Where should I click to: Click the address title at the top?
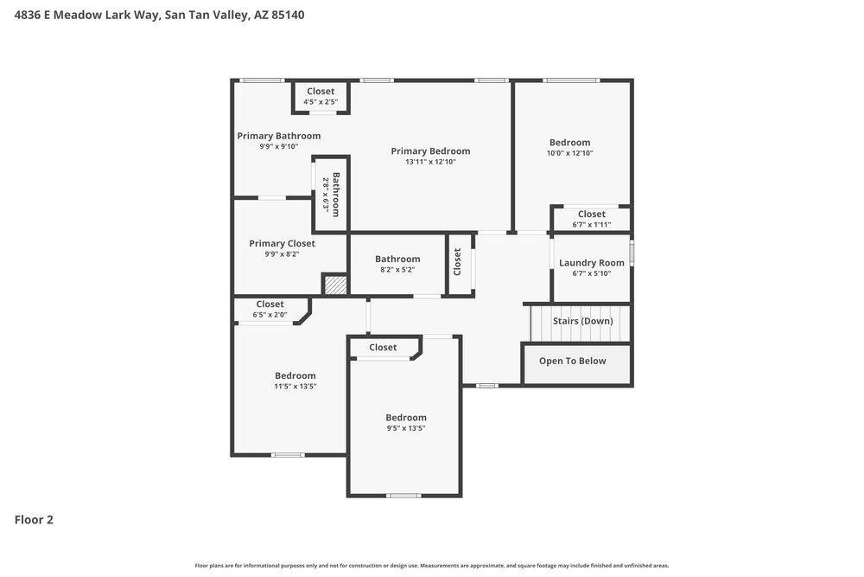pyautogui.click(x=159, y=15)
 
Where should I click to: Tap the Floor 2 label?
pyautogui.click(x=34, y=520)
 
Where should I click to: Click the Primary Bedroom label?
pyautogui.click(x=430, y=151)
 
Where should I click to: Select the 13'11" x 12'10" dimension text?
pyautogui.click(x=430, y=162)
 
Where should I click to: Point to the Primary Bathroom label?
pyautogui.click(x=279, y=136)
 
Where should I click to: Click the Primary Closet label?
pyautogui.click(x=282, y=243)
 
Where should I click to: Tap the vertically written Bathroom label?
pyautogui.click(x=336, y=195)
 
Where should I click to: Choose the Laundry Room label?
pyautogui.click(x=591, y=263)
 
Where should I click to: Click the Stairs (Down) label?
pyautogui.click(x=582, y=321)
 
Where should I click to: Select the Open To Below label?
pyautogui.click(x=572, y=361)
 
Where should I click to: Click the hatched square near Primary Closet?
pyautogui.click(x=335, y=285)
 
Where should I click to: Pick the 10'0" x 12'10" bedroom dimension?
pyautogui.click(x=569, y=153)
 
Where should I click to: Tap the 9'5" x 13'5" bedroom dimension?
pyautogui.click(x=405, y=428)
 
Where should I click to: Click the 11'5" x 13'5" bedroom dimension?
pyautogui.click(x=295, y=387)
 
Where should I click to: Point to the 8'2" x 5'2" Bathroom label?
pyautogui.click(x=397, y=259)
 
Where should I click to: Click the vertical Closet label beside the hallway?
pyautogui.click(x=457, y=261)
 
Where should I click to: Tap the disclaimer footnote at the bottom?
pyautogui.click(x=431, y=566)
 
